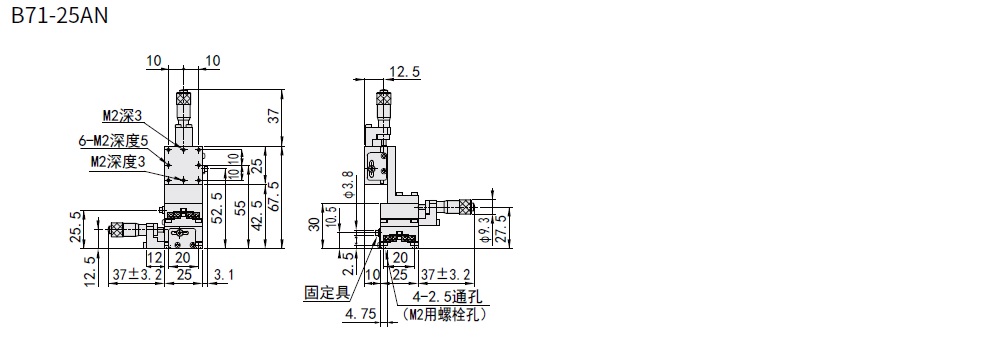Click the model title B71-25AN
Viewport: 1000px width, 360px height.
pos(60,15)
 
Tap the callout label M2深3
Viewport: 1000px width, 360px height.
pos(122,116)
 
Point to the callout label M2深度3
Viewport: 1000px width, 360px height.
pos(118,162)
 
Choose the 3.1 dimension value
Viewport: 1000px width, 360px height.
pos(224,275)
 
